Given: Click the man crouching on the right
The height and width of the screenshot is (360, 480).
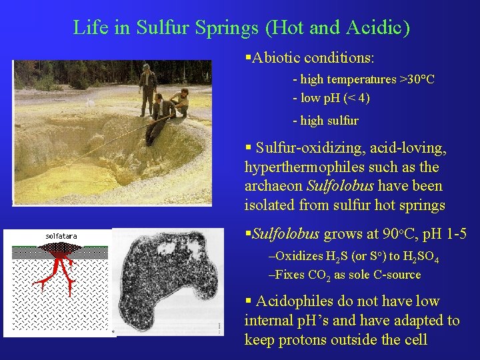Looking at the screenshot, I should (x=179, y=102).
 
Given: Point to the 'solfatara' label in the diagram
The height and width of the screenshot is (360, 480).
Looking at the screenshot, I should (x=61, y=236).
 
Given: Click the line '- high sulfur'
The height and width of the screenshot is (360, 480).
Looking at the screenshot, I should (x=325, y=121).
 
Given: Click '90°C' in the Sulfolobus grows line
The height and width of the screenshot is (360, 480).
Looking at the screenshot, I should (x=397, y=234).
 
